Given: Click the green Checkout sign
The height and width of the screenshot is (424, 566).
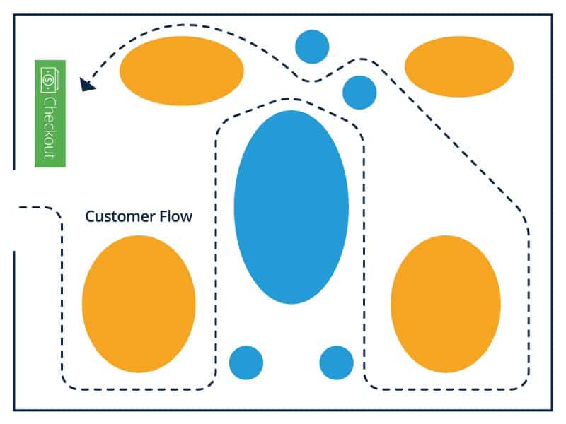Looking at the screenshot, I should [50, 113].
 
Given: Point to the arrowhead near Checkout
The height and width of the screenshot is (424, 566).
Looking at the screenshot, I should [88, 84].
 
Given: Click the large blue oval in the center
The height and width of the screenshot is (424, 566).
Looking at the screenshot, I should [291, 206].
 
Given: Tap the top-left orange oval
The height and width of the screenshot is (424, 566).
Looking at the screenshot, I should [181, 70].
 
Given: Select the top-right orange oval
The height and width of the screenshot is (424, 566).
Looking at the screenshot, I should [458, 66].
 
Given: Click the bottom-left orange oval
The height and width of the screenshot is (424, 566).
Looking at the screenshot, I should [139, 304].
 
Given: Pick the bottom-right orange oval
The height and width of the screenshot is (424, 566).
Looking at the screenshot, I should [446, 304].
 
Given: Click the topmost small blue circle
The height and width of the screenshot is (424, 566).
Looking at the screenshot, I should [312, 47].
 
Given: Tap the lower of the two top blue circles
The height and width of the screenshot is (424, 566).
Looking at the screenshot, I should [359, 92].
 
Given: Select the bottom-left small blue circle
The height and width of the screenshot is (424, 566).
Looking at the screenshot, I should [246, 363].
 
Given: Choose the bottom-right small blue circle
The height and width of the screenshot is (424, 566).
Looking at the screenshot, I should [336, 363].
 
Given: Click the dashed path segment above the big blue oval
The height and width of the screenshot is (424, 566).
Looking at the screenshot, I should [290, 99].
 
